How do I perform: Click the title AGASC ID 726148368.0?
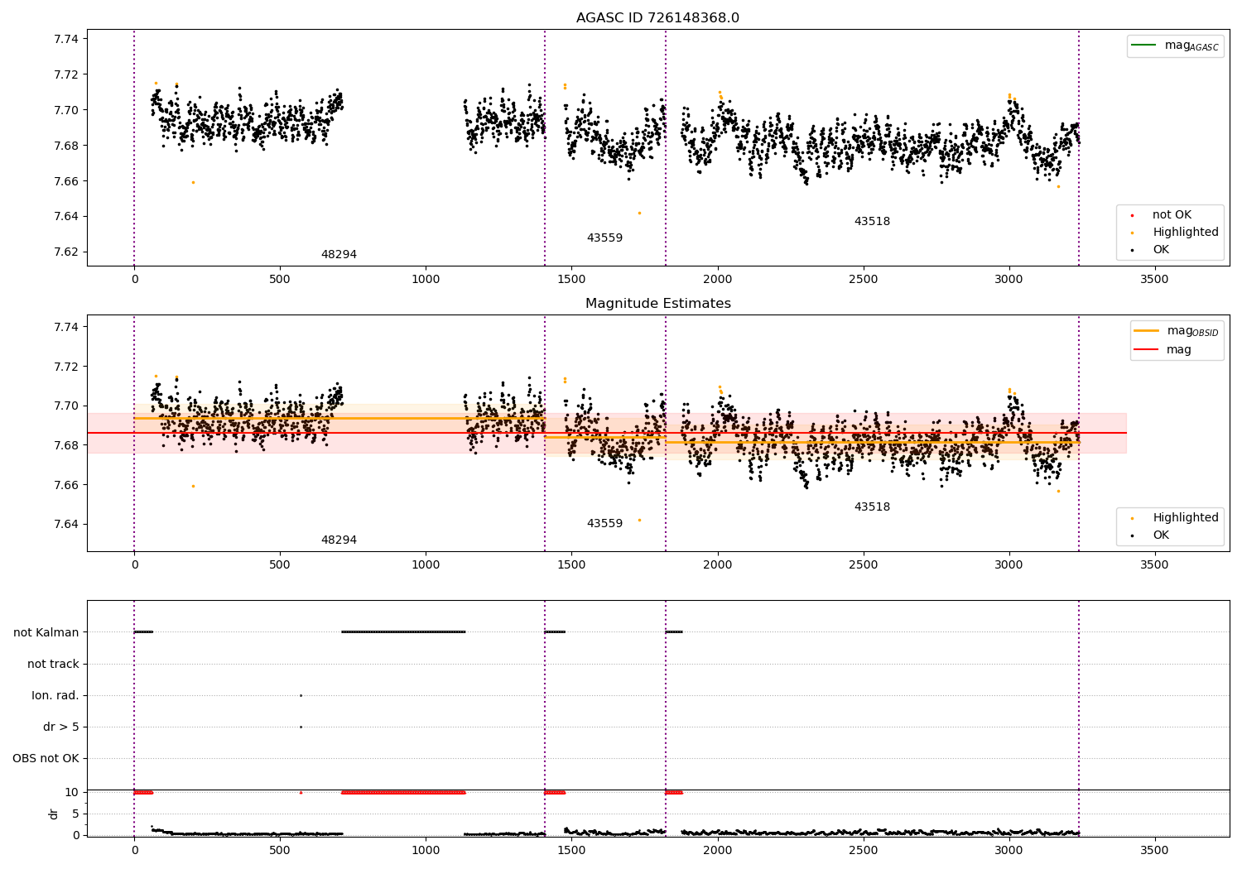(x=657, y=18)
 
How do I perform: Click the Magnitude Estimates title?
(x=657, y=304)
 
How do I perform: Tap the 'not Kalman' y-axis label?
(x=46, y=632)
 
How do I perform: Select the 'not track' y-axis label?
(x=53, y=664)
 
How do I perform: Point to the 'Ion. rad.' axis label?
(x=55, y=695)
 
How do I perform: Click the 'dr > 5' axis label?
(x=61, y=727)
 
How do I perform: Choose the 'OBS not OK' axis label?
(x=46, y=758)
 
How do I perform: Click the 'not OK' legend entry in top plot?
(x=1172, y=215)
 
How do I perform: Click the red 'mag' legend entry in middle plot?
(x=1178, y=349)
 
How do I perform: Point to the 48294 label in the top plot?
(x=339, y=255)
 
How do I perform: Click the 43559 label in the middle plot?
(x=604, y=524)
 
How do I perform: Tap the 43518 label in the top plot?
(x=872, y=222)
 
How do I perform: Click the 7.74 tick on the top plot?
(x=66, y=39)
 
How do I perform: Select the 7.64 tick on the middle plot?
(x=66, y=524)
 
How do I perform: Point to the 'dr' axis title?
(x=54, y=814)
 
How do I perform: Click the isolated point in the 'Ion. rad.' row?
(x=301, y=695)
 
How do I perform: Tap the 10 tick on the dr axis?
(x=72, y=792)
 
